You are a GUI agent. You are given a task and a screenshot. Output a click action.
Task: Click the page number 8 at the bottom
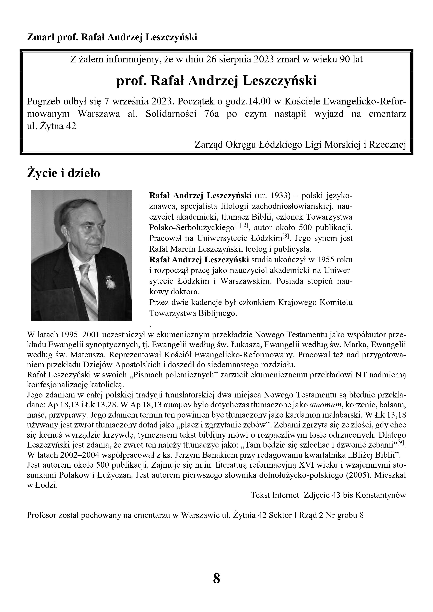(x=216, y=578)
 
